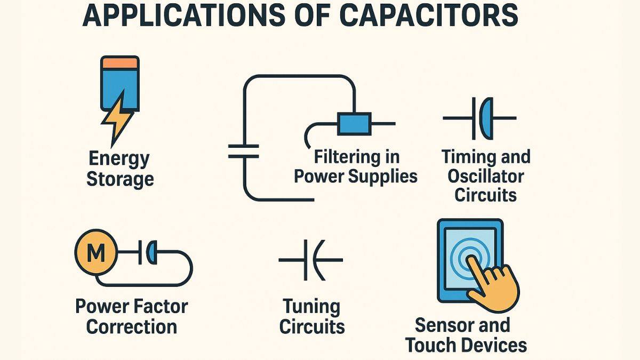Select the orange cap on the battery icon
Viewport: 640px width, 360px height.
pyautogui.click(x=120, y=63)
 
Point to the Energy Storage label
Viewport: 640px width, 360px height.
pyautogui.click(x=119, y=169)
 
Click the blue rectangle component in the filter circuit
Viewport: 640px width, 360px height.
pyautogui.click(x=354, y=124)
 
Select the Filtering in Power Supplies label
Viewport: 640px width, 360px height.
pyautogui.click(x=356, y=167)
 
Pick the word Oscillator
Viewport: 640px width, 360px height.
pyautogui.click(x=486, y=175)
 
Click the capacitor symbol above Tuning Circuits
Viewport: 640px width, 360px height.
pyautogui.click(x=311, y=260)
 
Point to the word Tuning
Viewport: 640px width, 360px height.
pyautogui.click(x=311, y=307)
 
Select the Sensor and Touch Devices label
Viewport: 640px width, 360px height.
pyautogui.click(x=466, y=335)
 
